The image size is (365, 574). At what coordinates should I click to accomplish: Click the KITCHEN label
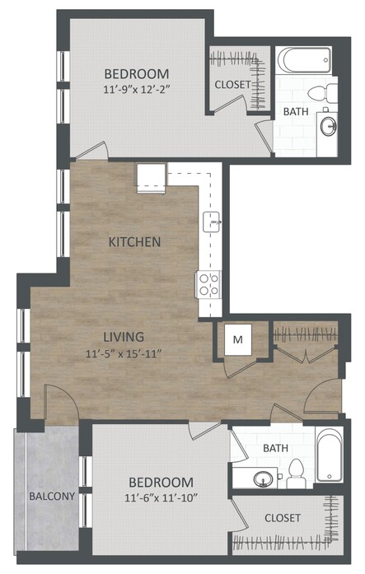[x=135, y=242]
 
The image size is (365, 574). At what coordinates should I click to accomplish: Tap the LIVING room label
[x=124, y=337]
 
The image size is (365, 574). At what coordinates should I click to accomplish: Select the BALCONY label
[x=52, y=497]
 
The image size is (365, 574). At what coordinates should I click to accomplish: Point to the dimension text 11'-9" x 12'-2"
[x=138, y=90]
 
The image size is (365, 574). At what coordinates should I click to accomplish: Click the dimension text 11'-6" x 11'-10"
[x=161, y=498]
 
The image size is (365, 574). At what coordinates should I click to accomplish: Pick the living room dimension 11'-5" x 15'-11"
[x=124, y=354]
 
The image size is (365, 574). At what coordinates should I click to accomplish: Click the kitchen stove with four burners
[x=208, y=284]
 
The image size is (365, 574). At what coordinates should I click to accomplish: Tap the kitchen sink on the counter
[x=212, y=222]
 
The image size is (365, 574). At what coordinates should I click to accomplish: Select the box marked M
[x=238, y=339]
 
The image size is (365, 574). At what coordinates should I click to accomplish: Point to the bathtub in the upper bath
[x=304, y=60]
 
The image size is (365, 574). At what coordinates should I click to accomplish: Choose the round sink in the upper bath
[x=328, y=126]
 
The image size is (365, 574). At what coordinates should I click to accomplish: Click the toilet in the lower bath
[x=296, y=474]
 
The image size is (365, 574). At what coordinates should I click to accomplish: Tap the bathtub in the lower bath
[x=330, y=455]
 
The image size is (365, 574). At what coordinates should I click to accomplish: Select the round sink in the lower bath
[x=263, y=478]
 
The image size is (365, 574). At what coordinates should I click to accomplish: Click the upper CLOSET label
[x=233, y=85]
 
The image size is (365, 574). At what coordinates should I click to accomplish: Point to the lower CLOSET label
[x=283, y=518]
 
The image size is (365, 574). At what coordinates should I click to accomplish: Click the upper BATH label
[x=296, y=111]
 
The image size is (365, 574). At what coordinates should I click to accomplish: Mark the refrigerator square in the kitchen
[x=152, y=178]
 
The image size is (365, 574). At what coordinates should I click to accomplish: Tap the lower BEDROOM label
[x=161, y=482]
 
